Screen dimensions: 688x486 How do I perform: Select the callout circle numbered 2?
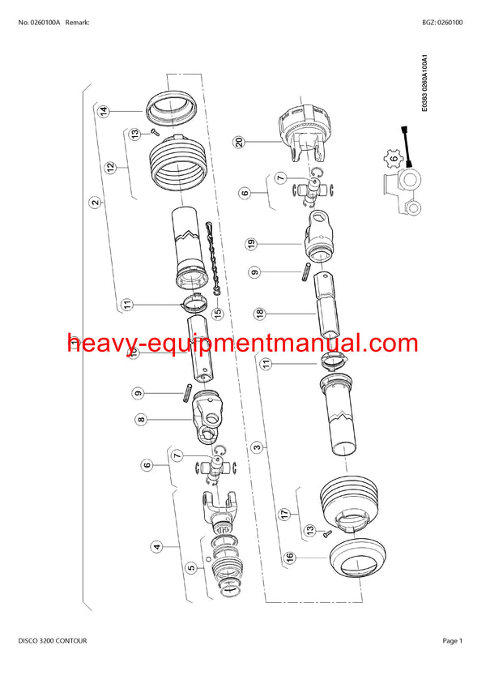(95, 203)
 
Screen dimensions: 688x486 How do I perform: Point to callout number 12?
(110, 168)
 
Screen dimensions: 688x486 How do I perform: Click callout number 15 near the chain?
(217, 312)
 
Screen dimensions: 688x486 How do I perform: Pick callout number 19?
(252, 242)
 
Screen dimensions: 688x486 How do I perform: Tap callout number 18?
(260, 313)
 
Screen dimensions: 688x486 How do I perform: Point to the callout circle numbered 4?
(156, 547)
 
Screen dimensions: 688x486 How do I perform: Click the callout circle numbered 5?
(192, 568)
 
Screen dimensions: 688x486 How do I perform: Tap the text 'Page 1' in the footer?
(452, 640)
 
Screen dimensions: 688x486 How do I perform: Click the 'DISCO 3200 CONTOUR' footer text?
(52, 640)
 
